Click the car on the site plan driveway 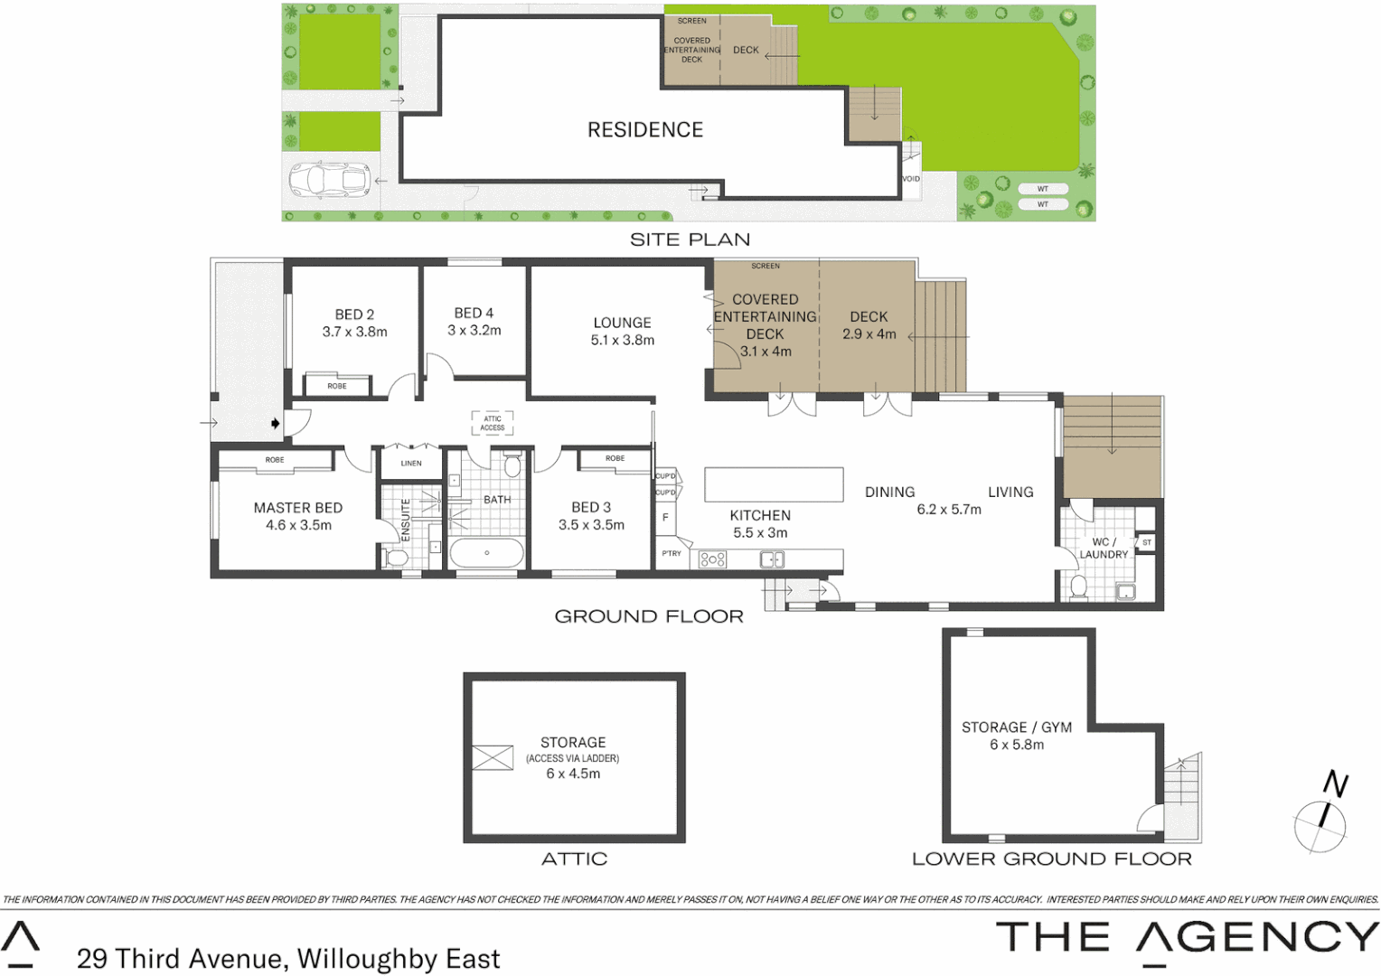[x=330, y=180]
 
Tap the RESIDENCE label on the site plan [x=644, y=130]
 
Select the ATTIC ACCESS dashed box [x=493, y=423]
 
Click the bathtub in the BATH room [x=486, y=552]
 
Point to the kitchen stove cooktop [x=712, y=559]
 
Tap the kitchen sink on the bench [x=772, y=559]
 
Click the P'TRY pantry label [x=672, y=553]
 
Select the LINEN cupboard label [x=411, y=463]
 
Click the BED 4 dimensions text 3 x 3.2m [x=474, y=331]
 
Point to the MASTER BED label [x=298, y=508]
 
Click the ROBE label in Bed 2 [x=337, y=386]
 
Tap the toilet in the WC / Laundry [x=1078, y=587]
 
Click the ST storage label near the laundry [x=1146, y=542]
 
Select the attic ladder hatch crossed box [x=493, y=757]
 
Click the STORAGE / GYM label [x=1016, y=727]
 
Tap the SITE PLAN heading [x=690, y=239]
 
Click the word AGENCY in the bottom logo [x=1257, y=937]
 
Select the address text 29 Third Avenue [x=180, y=958]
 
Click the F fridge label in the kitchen [x=665, y=518]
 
